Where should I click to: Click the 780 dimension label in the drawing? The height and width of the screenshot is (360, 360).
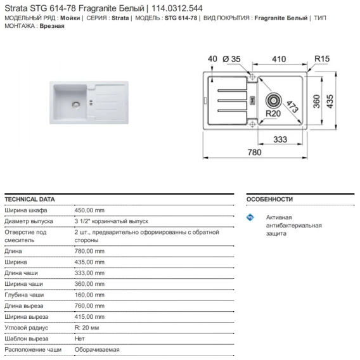pos(254,152)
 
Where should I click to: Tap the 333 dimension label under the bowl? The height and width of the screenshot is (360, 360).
pos(280,139)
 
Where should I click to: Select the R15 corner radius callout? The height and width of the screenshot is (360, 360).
pos(322,59)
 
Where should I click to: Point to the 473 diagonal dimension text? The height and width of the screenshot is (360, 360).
pos(293,106)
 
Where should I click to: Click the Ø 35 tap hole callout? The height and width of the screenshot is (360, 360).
pos(231,59)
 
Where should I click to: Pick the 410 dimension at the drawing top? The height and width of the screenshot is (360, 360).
pos(279,59)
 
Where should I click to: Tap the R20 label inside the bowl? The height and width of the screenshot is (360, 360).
pos(273,113)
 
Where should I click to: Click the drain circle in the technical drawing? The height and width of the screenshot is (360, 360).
pos(274,101)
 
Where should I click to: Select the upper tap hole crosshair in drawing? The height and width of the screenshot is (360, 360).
pos(252,77)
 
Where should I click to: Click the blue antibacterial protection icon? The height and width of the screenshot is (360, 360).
pos(250,217)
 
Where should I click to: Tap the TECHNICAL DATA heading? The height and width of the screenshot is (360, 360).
pos(30,199)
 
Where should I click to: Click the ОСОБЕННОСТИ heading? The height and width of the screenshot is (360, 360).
pos(269,199)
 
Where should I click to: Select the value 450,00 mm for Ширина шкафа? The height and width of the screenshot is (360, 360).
pos(89,210)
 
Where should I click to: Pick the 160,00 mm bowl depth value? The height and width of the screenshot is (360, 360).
pos(89,295)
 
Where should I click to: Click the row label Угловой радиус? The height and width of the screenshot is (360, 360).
pos(27,328)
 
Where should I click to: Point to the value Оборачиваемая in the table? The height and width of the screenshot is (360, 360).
pos(97,350)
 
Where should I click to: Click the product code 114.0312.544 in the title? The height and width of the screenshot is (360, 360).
pos(177,8)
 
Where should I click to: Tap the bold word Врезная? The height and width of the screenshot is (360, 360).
pos(52,26)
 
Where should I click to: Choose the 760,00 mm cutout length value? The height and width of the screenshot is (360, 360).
pos(89,306)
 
